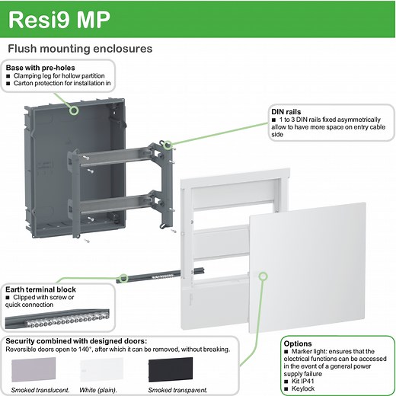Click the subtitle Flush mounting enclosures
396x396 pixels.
pyautogui.click(x=79, y=49)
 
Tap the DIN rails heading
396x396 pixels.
pyautogui.click(x=286, y=112)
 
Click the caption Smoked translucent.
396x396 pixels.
pyautogui.click(x=40, y=390)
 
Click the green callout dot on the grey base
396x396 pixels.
pyautogui.click(x=73, y=110)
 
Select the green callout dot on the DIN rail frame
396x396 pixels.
pyautogui.click(x=168, y=142)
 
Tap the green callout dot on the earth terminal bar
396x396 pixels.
pyautogui.click(x=121, y=277)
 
